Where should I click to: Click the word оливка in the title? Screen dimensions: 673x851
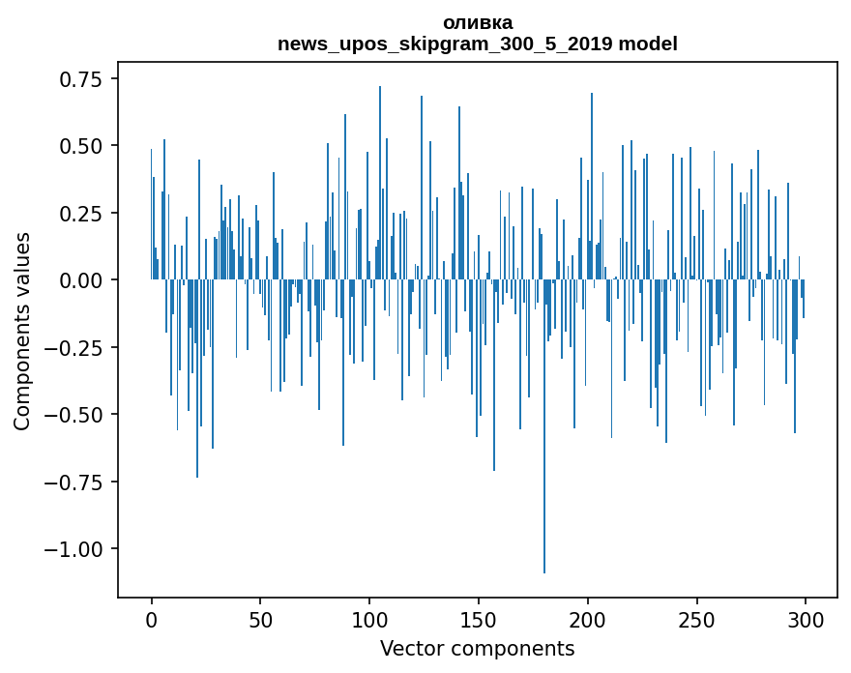point(478,22)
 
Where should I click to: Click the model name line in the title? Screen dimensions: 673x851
point(478,44)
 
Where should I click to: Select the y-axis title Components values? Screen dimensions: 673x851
point(21,331)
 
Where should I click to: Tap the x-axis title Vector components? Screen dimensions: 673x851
point(478,649)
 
